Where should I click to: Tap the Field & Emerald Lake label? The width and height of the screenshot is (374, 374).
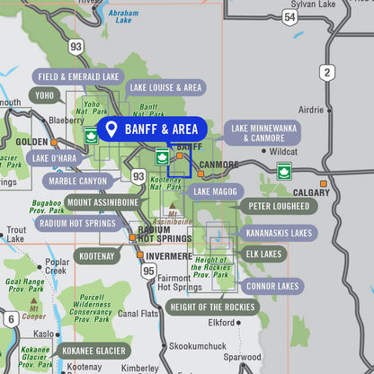[78, 77]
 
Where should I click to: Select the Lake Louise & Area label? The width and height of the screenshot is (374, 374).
[165, 87]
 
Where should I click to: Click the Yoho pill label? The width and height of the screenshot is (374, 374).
[44, 94]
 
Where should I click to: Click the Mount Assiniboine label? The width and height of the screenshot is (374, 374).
[102, 202]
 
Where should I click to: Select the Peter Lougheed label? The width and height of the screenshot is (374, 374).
[278, 206]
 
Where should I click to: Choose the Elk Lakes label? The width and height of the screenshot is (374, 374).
[264, 254]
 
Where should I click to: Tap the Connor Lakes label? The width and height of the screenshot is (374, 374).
[272, 286]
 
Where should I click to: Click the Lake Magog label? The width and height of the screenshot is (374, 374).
[214, 191]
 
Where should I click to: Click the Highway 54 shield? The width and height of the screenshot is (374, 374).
[289, 17]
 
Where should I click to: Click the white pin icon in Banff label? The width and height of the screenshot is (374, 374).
[111, 129]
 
